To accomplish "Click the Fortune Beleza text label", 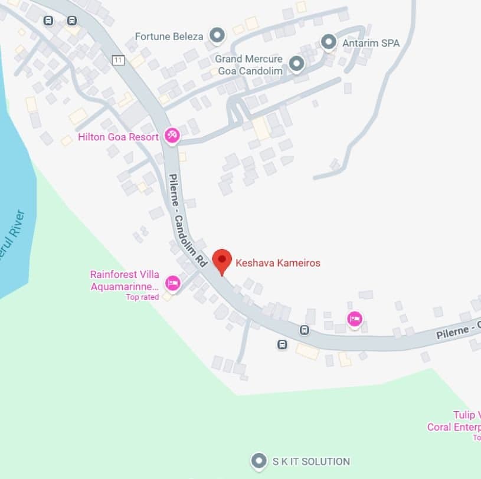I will point(169,36).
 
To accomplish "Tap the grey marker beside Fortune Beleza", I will point(217,35).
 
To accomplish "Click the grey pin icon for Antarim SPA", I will point(328,42).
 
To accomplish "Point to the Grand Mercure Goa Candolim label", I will point(248,65).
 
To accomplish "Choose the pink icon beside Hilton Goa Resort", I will point(172,136).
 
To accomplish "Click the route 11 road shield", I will point(119,60).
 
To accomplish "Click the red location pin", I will point(221,260).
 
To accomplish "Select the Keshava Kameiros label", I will point(278,263).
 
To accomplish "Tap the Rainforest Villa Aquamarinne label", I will point(125,281).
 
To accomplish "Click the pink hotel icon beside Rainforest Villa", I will point(173,283).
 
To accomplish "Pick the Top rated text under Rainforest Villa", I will point(142,297).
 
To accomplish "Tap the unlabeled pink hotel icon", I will point(354,319).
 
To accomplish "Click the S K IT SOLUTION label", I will point(310,461).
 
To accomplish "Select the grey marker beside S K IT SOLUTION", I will point(258,461).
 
